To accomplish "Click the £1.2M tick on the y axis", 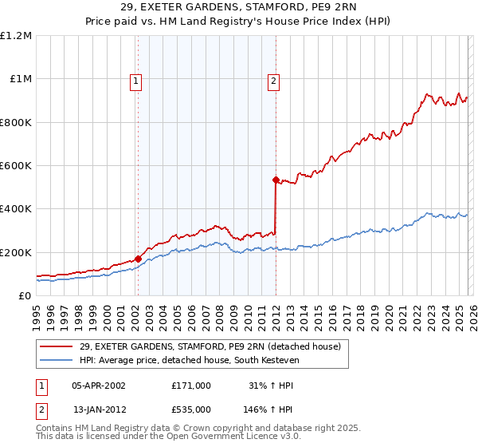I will click(x=16, y=36).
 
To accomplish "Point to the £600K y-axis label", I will click(x=16, y=166).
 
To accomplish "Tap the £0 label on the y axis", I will click(x=24, y=296).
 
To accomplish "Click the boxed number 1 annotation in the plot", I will click(x=136, y=80).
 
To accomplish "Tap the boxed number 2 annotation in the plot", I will click(x=274, y=80).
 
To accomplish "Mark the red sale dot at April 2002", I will click(x=138, y=259).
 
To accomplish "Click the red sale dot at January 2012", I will click(x=276, y=180).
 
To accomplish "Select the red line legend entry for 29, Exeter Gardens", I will click(x=210, y=346).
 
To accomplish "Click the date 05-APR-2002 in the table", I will click(x=99, y=386).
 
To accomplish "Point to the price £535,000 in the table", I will click(x=191, y=409).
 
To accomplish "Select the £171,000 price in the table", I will click(x=191, y=386).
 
